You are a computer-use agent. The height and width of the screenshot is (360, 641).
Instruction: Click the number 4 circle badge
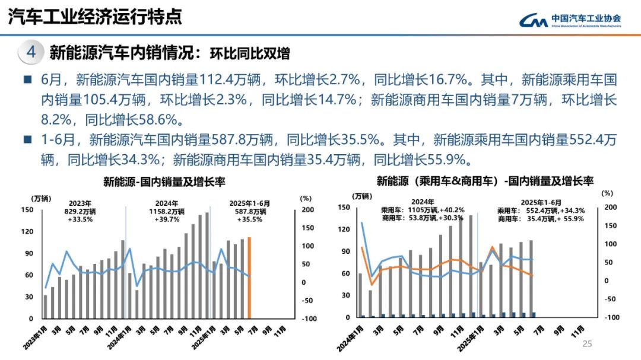[31, 53]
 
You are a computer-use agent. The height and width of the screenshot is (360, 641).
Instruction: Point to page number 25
[588, 343]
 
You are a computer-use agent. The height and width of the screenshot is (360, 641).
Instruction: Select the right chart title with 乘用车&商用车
[485, 181]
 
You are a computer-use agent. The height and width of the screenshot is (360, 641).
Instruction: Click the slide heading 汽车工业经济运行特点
[95, 17]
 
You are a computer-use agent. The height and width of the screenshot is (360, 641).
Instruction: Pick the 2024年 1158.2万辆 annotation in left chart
[166, 211]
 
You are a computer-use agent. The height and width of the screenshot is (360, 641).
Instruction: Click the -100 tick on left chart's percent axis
[309, 319]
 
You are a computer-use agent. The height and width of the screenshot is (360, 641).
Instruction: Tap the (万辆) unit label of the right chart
[361, 195]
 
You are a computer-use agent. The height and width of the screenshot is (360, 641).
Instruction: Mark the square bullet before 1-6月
[27, 141]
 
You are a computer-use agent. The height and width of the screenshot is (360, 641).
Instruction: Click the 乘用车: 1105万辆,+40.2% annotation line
[423, 210]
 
